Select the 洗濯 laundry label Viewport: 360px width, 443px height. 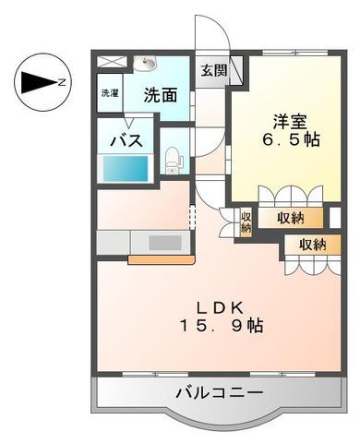tap(110, 93)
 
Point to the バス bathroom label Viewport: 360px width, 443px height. tap(126, 141)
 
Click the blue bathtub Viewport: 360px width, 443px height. tap(125, 170)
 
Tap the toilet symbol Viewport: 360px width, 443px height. tap(173, 160)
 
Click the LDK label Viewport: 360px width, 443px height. tap(218, 307)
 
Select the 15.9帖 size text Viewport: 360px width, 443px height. tap(218, 327)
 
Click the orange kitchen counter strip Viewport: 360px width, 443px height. tap(161, 259)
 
